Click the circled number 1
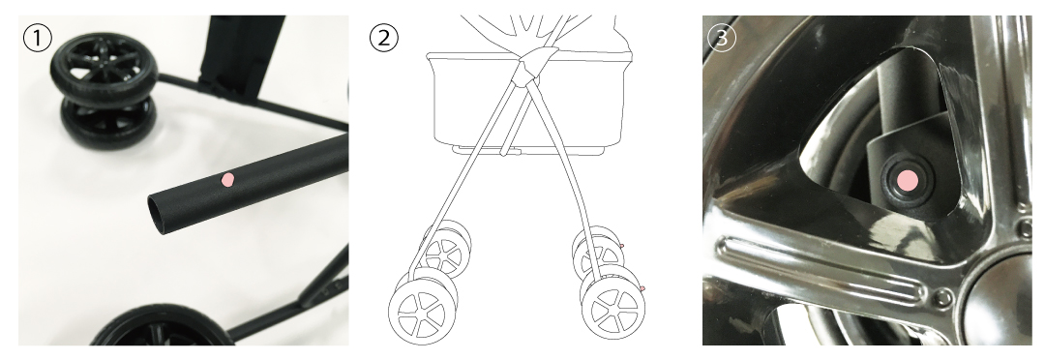click(38, 38)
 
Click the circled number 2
click(384, 38)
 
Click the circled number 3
click(722, 38)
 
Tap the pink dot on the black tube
click(228, 179)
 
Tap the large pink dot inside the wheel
click(908, 180)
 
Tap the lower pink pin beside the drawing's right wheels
click(642, 288)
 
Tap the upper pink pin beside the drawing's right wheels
click(621, 246)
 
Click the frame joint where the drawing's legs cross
click(531, 63)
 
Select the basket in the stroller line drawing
click(529, 104)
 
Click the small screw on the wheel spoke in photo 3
click(941, 297)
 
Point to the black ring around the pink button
click(908, 181)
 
